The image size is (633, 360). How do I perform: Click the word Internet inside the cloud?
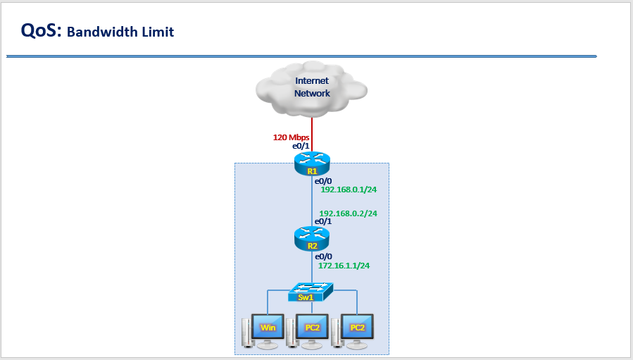[312, 81]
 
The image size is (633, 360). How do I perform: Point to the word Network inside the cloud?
[312, 93]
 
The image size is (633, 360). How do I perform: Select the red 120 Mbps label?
[291, 137]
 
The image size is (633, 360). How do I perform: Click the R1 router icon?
[312, 164]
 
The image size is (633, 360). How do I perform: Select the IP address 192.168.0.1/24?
[349, 190]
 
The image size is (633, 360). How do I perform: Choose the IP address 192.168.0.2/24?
[348, 213]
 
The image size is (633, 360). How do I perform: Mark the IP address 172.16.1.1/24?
[344, 266]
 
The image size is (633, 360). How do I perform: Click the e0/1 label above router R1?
[301, 146]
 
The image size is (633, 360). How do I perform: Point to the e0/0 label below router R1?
[323, 181]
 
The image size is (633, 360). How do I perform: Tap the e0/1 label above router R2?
[323, 221]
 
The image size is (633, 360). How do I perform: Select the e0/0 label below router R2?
[323, 257]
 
